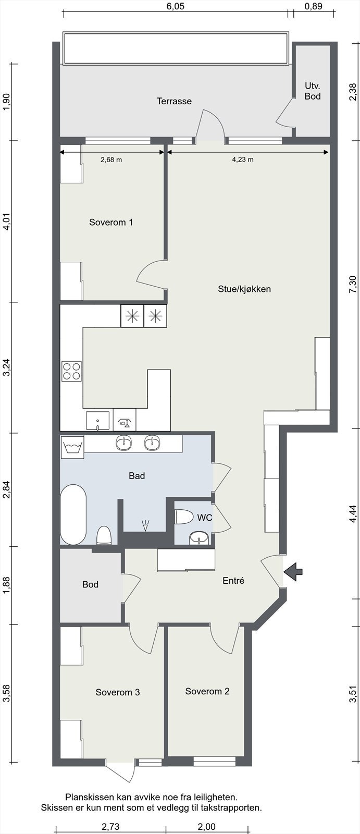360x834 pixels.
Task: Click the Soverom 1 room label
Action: pos(111,222)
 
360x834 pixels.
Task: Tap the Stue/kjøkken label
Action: pos(244,289)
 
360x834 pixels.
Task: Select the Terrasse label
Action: pos(174,101)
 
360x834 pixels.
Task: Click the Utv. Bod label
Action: pos(313,91)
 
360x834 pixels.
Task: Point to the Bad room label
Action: pos(136,475)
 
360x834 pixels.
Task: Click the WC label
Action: pos(205,518)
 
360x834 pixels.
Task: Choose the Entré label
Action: pos(233,580)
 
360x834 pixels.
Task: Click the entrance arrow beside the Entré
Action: pos(293,571)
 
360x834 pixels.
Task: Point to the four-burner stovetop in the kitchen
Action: pos(72,371)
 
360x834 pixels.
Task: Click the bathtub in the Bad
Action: pos(73,514)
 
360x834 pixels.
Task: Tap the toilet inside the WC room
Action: pos(183,517)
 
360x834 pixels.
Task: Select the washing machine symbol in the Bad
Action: pos(72,446)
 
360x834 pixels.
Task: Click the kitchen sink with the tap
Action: pos(97,421)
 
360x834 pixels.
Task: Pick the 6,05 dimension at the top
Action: pos(176,6)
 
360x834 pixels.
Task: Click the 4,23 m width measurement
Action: pos(243,160)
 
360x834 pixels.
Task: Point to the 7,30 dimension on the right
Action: pos(353,285)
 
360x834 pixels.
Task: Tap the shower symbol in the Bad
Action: pos(145,525)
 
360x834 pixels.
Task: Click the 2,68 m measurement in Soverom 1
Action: pos(111,160)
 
